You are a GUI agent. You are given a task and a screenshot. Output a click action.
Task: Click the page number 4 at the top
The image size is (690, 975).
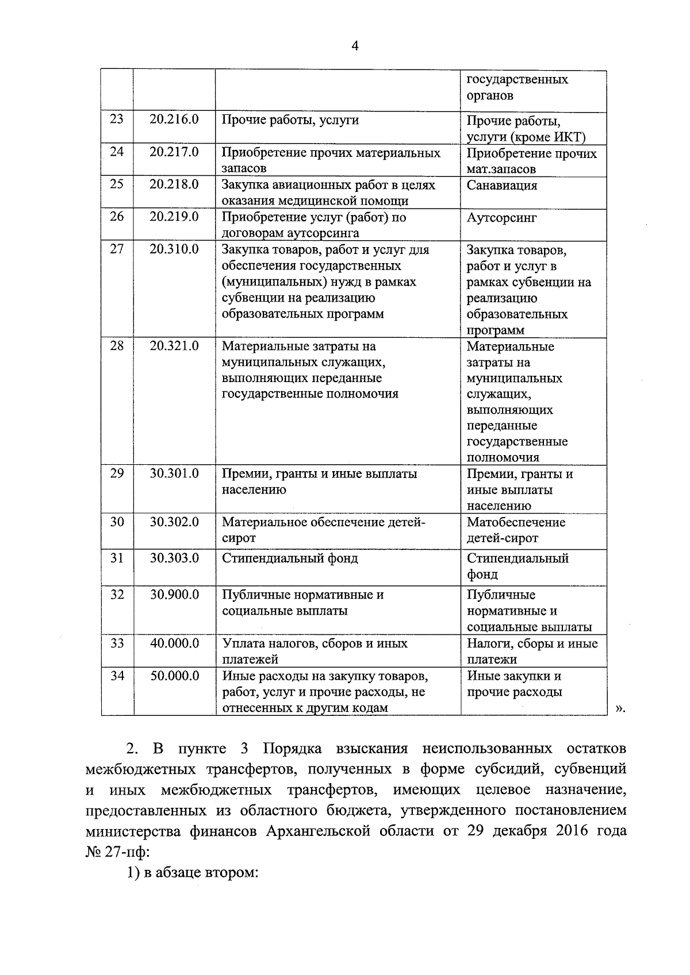[355, 47]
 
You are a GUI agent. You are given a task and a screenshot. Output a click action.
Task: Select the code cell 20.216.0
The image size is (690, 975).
[174, 120]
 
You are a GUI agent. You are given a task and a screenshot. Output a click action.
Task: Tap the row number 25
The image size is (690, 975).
[117, 184]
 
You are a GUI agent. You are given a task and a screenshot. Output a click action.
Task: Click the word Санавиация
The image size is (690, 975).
[501, 186]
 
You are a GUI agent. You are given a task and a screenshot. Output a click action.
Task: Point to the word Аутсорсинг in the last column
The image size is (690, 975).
[501, 218]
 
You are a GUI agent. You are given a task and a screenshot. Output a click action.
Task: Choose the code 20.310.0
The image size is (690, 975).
[174, 249]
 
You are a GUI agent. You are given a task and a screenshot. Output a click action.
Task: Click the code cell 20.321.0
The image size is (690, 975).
[174, 346]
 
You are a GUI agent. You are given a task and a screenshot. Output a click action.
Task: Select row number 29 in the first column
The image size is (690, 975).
[117, 473]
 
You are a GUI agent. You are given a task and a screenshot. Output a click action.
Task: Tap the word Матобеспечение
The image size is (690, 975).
[516, 522]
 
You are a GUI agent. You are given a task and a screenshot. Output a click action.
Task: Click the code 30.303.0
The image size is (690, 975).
[174, 558]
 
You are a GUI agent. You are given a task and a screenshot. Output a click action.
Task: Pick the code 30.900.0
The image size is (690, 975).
[174, 595]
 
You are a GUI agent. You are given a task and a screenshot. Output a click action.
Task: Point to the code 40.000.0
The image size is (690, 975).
[174, 643]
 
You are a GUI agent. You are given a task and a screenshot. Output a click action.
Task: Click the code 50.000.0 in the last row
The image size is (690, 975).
[174, 676]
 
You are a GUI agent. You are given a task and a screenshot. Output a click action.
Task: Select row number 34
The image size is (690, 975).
[117, 676]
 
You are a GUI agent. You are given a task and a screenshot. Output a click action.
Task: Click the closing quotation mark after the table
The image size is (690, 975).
[619, 708]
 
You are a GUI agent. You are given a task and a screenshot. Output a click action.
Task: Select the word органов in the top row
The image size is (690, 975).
[490, 95]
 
